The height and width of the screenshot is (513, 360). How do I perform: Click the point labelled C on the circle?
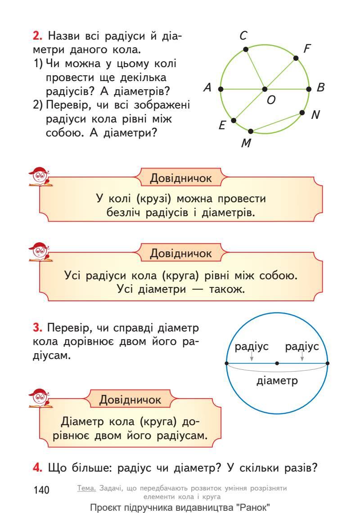pyautogui.click(x=245, y=50)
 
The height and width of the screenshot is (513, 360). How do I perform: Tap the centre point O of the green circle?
pyautogui.click(x=265, y=89)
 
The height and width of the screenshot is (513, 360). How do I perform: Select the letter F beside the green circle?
pyautogui.click(x=308, y=49)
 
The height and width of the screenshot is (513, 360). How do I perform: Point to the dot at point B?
pyautogui.click(x=309, y=89)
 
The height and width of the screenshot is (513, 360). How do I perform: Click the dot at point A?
pyautogui.click(x=220, y=89)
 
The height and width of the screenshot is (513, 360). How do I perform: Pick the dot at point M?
pyautogui.click(x=251, y=132)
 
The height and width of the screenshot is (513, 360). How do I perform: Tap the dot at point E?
pyautogui.click(x=234, y=120)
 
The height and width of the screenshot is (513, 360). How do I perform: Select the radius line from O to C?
pyautogui.click(x=255, y=69)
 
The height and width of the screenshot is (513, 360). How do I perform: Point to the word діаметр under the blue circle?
pyautogui.click(x=277, y=381)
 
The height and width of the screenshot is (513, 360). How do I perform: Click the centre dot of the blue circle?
pyautogui.click(x=277, y=363)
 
